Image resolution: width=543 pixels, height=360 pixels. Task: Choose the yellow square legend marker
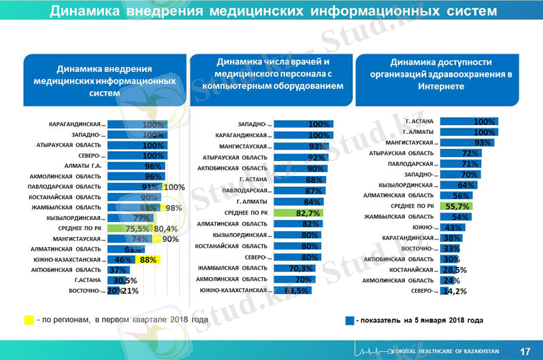point(29,319)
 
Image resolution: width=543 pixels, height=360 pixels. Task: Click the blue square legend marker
point(348,319)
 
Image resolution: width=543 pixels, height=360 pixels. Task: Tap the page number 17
point(525,350)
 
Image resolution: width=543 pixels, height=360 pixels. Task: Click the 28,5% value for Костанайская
point(455,270)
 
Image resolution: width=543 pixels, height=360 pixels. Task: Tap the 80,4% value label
point(166,228)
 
